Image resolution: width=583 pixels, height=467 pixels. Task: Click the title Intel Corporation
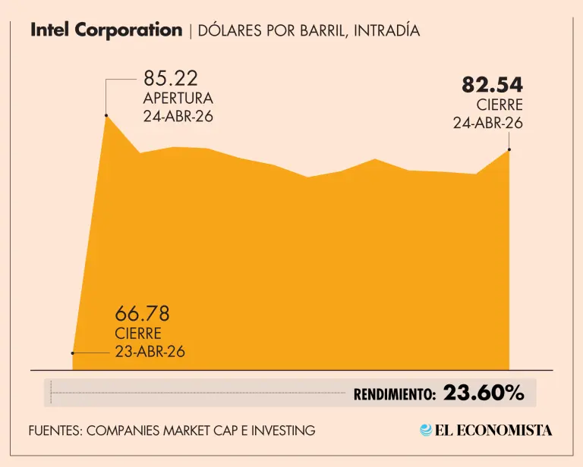(x=106, y=30)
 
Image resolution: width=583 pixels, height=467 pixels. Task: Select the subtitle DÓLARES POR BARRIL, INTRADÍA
(x=308, y=31)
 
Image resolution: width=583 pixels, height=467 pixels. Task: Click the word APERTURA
(x=178, y=99)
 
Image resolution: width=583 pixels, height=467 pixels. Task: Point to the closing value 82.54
(x=493, y=85)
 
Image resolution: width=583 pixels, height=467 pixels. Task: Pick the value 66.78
(x=142, y=313)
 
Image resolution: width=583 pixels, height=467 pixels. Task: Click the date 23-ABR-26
(x=150, y=352)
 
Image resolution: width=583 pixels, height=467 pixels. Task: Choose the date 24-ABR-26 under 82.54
(x=488, y=123)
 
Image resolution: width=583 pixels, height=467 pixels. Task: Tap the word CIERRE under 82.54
(x=499, y=105)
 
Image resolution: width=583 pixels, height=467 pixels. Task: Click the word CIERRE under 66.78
(x=138, y=334)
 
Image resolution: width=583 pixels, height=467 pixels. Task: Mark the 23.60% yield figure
(x=484, y=393)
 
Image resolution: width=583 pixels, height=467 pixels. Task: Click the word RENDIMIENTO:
(x=395, y=394)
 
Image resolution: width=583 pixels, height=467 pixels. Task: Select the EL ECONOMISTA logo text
(x=493, y=430)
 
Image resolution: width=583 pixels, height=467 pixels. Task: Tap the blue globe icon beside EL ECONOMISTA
(x=427, y=430)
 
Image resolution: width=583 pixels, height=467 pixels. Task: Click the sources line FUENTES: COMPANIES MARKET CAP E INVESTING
(x=172, y=431)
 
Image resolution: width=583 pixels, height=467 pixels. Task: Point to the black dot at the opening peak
(x=106, y=115)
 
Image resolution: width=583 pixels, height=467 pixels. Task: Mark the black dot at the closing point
(x=509, y=149)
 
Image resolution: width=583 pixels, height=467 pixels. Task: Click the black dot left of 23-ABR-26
(x=73, y=353)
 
